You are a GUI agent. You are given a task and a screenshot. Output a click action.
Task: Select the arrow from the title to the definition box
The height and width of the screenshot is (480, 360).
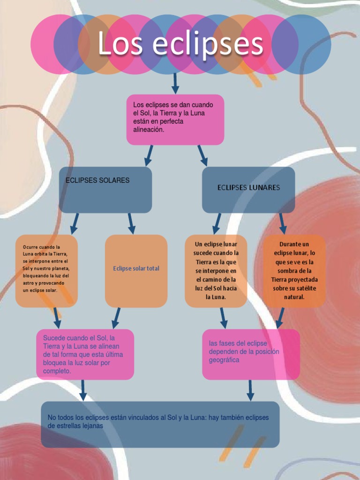click(x=175, y=83)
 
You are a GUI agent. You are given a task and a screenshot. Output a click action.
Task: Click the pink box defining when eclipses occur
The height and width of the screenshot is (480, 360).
click(x=175, y=120)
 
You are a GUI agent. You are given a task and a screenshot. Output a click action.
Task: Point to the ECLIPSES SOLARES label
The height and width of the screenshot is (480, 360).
click(x=97, y=180)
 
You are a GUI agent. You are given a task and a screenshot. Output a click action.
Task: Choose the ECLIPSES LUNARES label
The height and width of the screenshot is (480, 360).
click(x=248, y=187)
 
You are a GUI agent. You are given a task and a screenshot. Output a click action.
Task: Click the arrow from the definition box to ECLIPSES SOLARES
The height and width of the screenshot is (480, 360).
click(x=149, y=155)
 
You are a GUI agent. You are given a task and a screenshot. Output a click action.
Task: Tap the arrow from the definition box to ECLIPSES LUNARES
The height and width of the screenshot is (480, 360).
click(x=202, y=155)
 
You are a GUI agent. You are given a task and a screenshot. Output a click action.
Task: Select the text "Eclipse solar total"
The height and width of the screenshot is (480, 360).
click(x=136, y=269)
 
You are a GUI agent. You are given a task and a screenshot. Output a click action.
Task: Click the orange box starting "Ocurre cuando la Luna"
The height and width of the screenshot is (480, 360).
click(x=46, y=271)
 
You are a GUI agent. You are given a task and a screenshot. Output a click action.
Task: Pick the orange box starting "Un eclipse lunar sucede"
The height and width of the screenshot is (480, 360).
click(x=216, y=271)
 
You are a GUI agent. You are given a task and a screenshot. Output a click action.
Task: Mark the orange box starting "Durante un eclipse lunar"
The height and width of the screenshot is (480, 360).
click(x=294, y=271)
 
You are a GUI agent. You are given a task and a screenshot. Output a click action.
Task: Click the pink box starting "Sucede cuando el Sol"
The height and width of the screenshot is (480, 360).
click(x=85, y=354)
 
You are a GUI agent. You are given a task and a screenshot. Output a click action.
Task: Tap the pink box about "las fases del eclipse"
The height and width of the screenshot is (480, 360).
click(x=251, y=354)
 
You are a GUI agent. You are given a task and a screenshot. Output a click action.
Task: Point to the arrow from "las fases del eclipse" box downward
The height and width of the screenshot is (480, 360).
click(x=250, y=390)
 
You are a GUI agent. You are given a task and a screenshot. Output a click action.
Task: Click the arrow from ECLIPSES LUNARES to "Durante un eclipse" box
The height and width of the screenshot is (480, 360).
click(x=282, y=224)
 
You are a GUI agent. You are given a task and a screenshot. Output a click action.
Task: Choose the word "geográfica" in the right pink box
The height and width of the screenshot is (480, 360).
click(x=224, y=360)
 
